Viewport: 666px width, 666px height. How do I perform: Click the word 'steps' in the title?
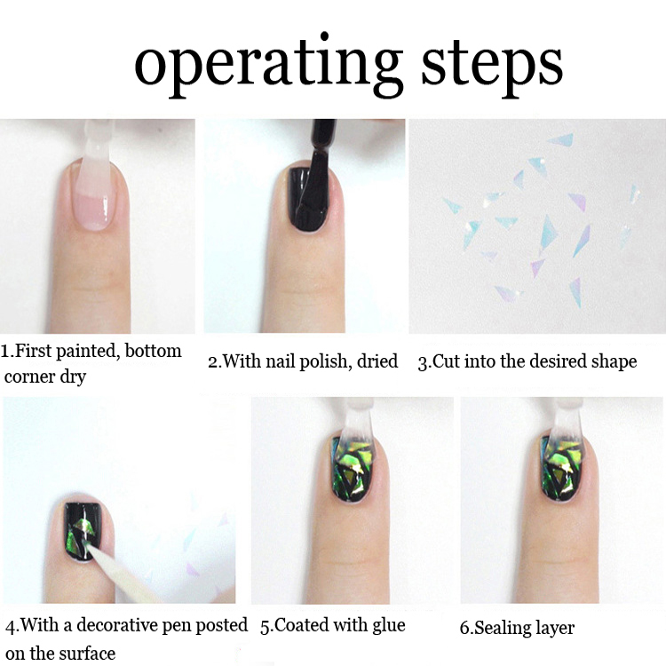[x=493, y=64]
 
